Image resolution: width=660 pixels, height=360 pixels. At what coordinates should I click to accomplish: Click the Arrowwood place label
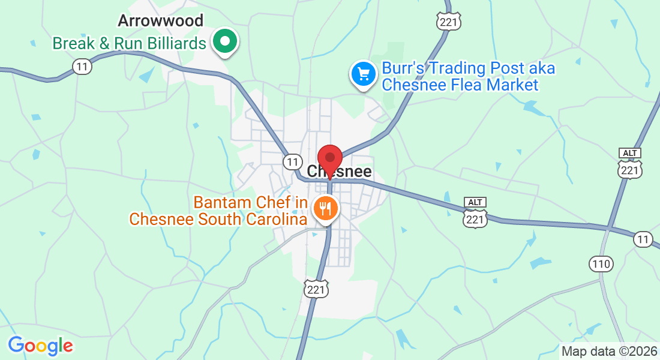(x=160, y=21)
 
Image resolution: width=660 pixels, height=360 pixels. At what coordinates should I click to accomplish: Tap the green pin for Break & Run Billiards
(x=226, y=42)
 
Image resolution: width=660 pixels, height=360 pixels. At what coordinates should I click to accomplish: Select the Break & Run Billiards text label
(x=129, y=43)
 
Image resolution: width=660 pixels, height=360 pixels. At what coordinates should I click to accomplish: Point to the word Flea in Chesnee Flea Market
(x=463, y=85)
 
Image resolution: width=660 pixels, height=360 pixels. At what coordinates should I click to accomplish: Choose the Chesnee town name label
(x=340, y=172)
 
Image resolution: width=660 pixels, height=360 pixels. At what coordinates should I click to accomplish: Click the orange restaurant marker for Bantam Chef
(x=326, y=209)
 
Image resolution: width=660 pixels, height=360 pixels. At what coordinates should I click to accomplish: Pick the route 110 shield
(x=601, y=263)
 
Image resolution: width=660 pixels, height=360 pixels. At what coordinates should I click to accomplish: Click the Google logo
(x=40, y=346)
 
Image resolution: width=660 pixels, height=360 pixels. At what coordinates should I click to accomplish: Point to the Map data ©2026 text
(x=608, y=351)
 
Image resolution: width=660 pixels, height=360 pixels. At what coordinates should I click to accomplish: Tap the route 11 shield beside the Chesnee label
(x=292, y=161)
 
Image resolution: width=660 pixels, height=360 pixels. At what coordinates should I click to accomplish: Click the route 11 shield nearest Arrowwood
(x=83, y=66)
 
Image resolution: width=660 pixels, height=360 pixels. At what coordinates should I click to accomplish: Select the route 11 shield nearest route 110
(x=643, y=239)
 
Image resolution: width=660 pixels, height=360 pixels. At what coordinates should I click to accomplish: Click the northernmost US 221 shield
(x=449, y=22)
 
